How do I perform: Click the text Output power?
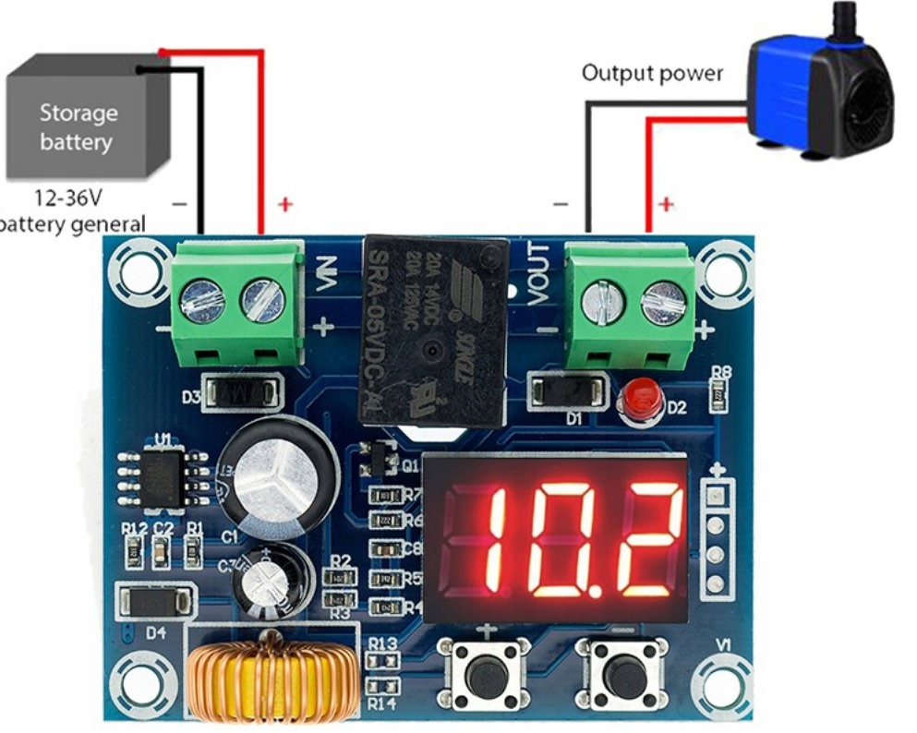(652, 73)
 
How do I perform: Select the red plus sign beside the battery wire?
(285, 204)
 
